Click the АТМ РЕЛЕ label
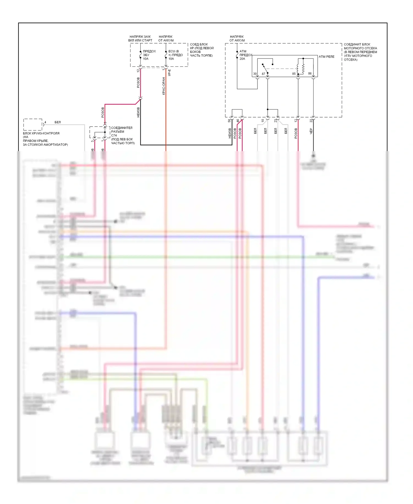coord(327,57)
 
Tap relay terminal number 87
coord(263,74)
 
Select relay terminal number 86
coord(310,74)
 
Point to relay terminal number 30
coord(255,74)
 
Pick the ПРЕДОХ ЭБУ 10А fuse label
coord(149,55)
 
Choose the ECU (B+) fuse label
coord(175,55)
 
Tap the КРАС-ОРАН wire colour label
coord(164,86)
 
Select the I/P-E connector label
coord(170,73)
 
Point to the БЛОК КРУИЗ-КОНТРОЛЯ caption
coord(45,139)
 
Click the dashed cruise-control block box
coord(33,125)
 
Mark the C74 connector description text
coord(123,135)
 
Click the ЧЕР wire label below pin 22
coord(311,131)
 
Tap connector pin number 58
coord(229,120)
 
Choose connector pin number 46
coord(238,120)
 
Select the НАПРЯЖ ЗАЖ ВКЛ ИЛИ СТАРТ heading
coord(140,38)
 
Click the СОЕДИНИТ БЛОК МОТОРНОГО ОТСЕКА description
coord(360,52)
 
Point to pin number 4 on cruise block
coord(45,122)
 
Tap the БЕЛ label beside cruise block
coord(58,122)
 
